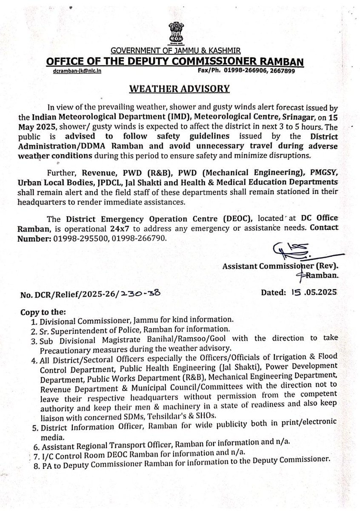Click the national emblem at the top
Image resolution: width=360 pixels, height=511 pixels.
180,23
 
